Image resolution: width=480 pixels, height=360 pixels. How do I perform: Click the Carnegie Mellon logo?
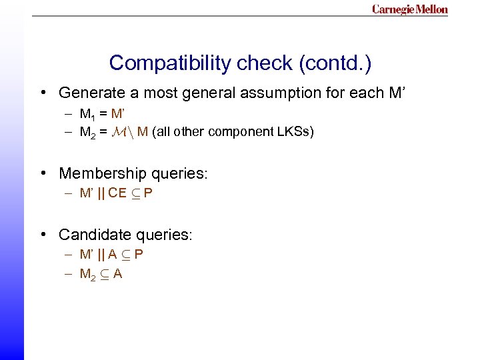(x=409, y=9)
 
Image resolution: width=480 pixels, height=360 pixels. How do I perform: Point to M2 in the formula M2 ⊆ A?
(x=88, y=273)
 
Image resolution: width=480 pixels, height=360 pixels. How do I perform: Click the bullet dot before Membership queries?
(x=43, y=174)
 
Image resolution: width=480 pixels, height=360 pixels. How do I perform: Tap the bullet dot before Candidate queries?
(x=43, y=235)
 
